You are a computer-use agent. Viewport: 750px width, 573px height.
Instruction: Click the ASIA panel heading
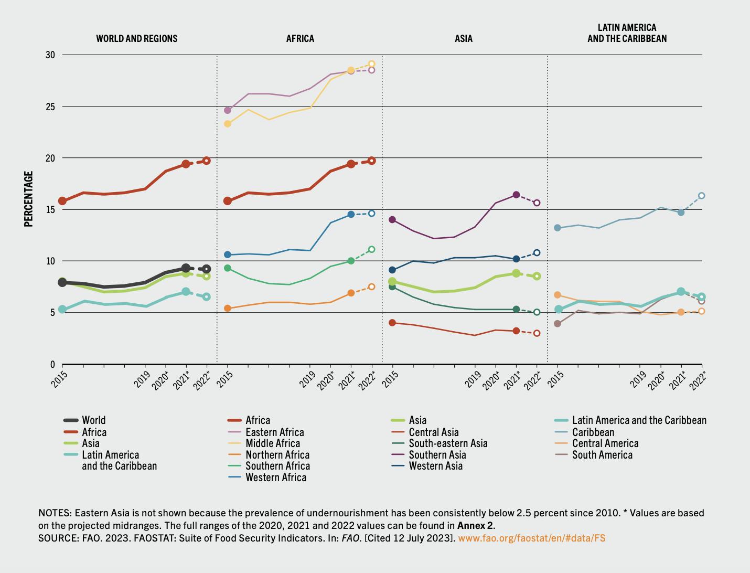pyautogui.click(x=463, y=38)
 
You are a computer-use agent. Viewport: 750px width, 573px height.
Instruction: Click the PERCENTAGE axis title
pyautogui.click(x=29, y=199)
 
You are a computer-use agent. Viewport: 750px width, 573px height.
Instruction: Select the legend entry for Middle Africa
pyautogui.click(x=272, y=443)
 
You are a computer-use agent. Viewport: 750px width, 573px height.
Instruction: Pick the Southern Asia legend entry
pyautogui.click(x=437, y=455)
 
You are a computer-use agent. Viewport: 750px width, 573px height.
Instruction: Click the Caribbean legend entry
pyautogui.click(x=593, y=432)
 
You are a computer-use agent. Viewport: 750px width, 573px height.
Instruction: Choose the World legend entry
pyautogui.click(x=93, y=420)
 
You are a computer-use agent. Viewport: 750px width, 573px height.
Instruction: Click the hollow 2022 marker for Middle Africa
pyautogui.click(x=371, y=64)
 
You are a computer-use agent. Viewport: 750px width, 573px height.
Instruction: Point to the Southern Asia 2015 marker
pyautogui.click(x=392, y=220)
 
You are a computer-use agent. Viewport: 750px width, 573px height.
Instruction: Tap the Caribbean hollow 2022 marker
pyautogui.click(x=701, y=196)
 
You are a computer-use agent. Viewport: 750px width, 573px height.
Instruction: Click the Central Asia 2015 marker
pyautogui.click(x=392, y=323)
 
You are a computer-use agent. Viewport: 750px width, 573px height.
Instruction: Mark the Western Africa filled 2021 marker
pyautogui.click(x=351, y=215)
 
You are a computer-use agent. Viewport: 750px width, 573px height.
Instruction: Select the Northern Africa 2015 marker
pyautogui.click(x=228, y=309)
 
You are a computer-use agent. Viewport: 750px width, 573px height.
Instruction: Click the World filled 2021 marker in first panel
pyautogui.click(x=186, y=268)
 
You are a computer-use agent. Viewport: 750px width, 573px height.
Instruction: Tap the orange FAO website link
pyautogui.click(x=531, y=538)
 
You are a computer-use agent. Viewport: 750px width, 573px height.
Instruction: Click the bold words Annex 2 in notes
pyautogui.click(x=475, y=525)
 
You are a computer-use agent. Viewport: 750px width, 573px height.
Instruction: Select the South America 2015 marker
pyautogui.click(x=558, y=324)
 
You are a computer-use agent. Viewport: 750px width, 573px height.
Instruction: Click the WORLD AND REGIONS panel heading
pyautogui.click(x=136, y=38)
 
